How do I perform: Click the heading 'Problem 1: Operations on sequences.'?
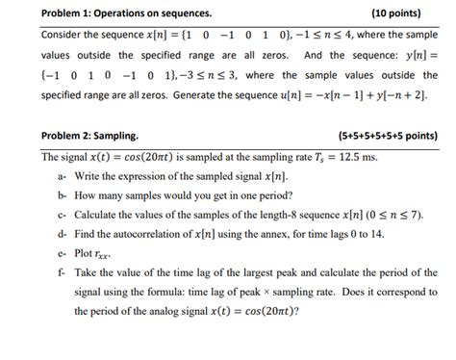point(126,14)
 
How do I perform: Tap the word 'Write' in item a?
point(89,178)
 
